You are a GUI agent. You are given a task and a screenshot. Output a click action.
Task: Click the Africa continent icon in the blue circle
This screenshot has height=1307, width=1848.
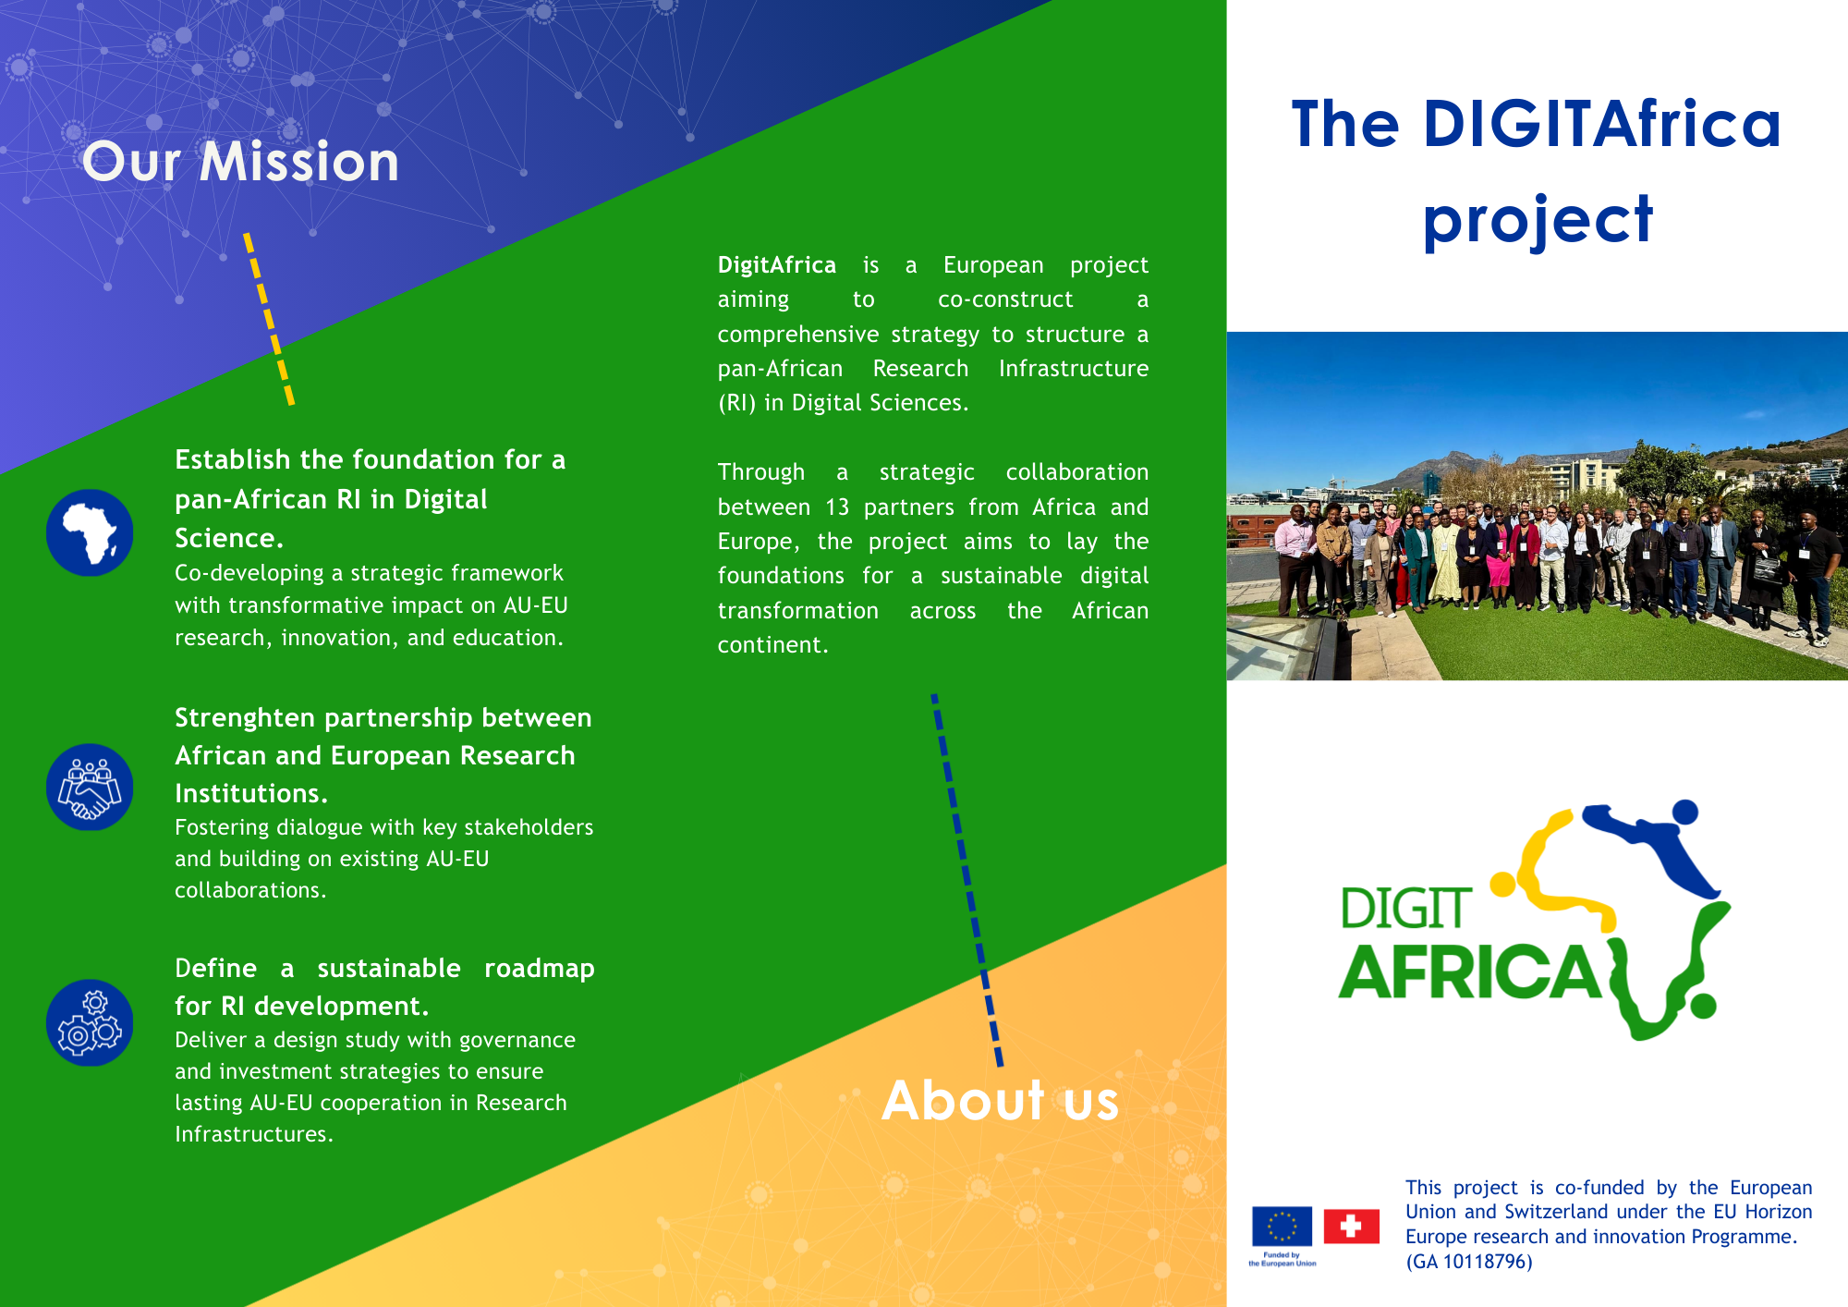point(90,532)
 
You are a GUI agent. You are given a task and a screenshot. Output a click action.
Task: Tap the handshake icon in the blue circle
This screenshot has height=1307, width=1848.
point(90,787)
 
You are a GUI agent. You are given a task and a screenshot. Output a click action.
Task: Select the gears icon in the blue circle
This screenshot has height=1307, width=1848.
point(90,1022)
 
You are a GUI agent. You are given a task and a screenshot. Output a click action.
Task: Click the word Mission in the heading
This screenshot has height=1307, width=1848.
point(299,162)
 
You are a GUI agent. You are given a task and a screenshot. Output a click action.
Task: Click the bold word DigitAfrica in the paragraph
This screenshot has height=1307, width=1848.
point(777,265)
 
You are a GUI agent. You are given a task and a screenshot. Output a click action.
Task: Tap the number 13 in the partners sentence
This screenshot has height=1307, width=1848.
point(837,507)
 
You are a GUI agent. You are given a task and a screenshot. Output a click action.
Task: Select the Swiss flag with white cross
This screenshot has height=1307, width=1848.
point(1351,1227)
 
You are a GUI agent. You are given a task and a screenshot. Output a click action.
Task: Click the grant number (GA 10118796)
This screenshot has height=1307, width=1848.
point(1469,1262)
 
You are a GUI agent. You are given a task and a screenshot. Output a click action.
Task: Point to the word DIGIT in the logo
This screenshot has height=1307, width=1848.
point(1405,909)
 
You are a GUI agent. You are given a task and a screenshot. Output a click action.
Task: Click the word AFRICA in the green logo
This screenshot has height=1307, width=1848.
point(1470,972)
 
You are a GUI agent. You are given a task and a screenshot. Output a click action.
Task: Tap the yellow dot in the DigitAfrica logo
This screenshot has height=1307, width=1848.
point(1503,885)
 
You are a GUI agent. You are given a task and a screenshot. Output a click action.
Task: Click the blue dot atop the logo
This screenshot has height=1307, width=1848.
point(1685,812)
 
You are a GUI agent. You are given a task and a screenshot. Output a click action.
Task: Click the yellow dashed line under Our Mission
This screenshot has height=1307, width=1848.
point(269,319)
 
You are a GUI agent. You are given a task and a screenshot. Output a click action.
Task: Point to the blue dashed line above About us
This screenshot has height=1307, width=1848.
point(967,880)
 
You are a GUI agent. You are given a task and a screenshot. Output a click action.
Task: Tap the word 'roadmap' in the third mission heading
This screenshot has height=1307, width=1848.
point(540,969)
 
